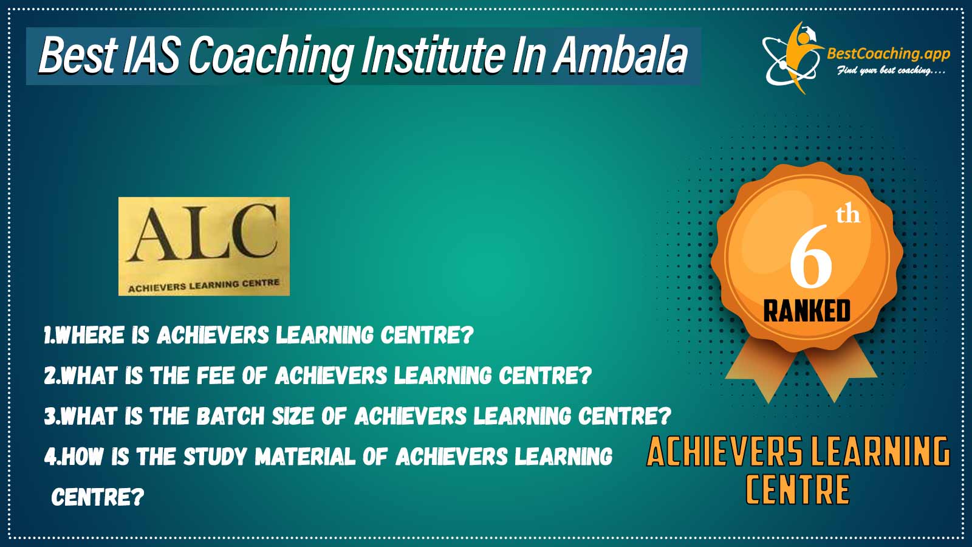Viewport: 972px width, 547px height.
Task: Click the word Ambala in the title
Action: pyautogui.click(x=620, y=56)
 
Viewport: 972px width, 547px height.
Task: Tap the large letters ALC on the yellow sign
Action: pyautogui.click(x=202, y=233)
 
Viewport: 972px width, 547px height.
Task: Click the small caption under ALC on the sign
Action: pyautogui.click(x=204, y=286)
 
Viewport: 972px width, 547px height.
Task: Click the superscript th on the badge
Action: pyautogui.click(x=848, y=215)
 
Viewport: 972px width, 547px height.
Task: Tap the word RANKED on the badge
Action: pyautogui.click(x=807, y=311)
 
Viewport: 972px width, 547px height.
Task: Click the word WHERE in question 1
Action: pyautogui.click(x=90, y=335)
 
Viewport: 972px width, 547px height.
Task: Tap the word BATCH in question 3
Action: pyautogui.click(x=230, y=416)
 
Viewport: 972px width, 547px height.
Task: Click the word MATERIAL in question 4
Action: pyautogui.click(x=305, y=456)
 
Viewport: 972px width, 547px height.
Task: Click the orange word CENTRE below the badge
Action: pyautogui.click(x=798, y=489)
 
